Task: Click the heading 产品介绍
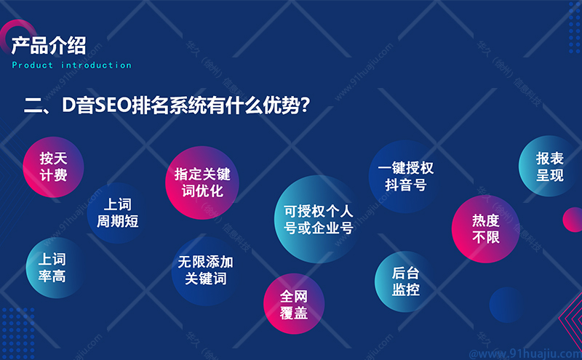click(49, 46)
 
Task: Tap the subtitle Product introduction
click(71, 65)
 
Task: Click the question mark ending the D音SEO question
click(305, 105)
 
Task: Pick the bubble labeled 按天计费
click(53, 167)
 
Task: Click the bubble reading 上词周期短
click(117, 213)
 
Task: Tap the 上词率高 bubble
click(56, 268)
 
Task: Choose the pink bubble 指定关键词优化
click(202, 183)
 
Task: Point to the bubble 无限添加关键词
click(206, 271)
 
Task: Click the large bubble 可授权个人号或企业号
click(318, 220)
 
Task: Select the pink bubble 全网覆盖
click(294, 304)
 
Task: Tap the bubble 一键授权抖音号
click(405, 177)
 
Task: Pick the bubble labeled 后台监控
click(405, 281)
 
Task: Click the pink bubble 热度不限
click(485, 229)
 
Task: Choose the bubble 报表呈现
click(549, 167)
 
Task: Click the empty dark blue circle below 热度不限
click(507, 305)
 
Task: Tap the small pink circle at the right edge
click(573, 220)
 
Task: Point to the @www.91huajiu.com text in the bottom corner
click(525, 353)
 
